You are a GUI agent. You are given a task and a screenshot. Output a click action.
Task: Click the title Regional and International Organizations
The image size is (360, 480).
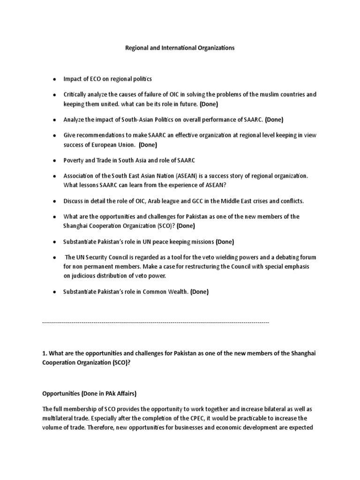[180, 48]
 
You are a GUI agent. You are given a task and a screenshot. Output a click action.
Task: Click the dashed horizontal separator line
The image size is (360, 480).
[156, 322]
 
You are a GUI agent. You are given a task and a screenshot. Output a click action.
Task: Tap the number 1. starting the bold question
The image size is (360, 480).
[45, 352]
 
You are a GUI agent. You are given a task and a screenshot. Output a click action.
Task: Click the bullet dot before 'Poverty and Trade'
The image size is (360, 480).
[55, 160]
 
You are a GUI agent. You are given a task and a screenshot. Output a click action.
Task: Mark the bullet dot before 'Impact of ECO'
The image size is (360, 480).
[55, 79]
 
